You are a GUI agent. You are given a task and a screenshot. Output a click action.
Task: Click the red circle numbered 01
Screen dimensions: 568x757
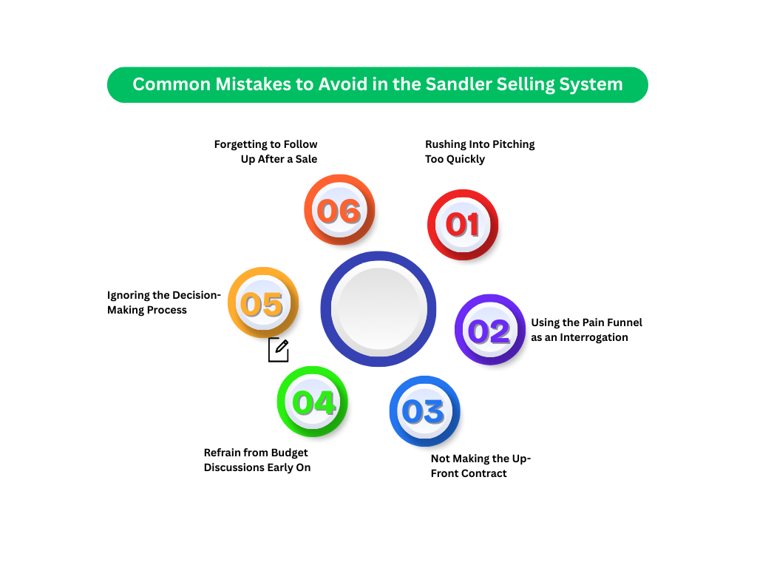click(x=463, y=225)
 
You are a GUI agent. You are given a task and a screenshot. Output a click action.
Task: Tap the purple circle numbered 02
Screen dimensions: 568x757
click(x=489, y=331)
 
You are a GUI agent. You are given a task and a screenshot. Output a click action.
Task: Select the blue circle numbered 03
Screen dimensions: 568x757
click(x=424, y=411)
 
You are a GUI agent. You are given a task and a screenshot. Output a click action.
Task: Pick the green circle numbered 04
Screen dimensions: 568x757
click(x=313, y=402)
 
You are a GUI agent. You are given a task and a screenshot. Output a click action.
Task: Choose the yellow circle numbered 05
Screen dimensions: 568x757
click(x=262, y=303)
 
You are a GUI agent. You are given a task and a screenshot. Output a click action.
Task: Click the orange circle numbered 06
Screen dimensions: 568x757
click(x=339, y=211)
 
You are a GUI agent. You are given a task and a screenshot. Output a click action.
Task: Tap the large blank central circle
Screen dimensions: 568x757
click(x=378, y=308)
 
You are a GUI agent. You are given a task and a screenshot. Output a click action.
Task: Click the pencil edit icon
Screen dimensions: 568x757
click(x=279, y=350)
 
